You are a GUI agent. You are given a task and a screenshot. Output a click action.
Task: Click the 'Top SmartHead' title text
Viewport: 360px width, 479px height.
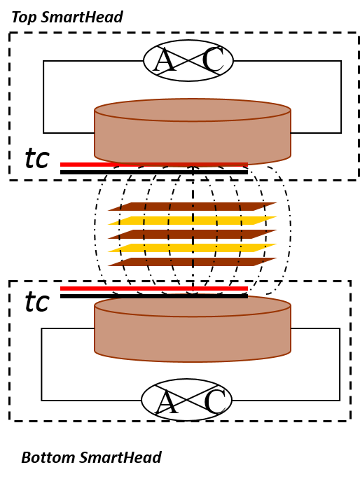coord(67,17)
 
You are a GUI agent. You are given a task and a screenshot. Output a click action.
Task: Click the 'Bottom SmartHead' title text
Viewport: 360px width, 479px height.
coord(91,457)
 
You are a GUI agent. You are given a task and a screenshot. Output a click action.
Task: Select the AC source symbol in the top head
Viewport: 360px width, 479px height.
coord(188,60)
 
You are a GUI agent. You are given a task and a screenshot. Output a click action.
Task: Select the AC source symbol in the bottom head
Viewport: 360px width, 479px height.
coord(187,400)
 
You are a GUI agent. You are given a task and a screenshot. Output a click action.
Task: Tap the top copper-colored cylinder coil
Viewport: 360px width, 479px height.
coord(193,132)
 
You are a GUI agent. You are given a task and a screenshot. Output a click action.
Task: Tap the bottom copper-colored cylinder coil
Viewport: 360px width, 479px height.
coord(193,328)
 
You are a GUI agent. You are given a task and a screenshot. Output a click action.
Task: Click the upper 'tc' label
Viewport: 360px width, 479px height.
coord(37,158)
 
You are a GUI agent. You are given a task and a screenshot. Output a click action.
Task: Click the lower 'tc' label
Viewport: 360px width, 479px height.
coord(37,302)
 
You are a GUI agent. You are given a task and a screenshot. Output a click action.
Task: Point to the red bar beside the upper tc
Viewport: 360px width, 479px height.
coord(154,165)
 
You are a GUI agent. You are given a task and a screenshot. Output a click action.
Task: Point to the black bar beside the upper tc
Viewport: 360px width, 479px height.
coord(154,172)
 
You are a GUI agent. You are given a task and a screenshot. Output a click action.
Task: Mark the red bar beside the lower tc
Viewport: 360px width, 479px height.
coord(154,289)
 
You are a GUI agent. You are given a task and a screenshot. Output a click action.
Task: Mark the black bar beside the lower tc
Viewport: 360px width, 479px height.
coord(154,296)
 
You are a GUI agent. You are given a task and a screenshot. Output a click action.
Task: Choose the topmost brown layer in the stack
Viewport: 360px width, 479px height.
coord(192,207)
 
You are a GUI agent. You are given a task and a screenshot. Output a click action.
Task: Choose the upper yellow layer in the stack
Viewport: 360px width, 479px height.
coord(192,221)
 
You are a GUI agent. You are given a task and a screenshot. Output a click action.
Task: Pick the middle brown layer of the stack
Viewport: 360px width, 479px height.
coord(192,234)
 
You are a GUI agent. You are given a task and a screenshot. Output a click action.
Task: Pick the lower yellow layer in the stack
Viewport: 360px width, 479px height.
coord(192,248)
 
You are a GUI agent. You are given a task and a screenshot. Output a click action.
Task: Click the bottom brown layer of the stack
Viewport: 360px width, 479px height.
coord(192,262)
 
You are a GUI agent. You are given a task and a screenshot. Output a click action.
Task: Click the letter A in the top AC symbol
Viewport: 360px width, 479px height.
coord(165,60)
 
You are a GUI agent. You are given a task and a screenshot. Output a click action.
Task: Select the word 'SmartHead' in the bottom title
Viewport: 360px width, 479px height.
coord(120,457)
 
